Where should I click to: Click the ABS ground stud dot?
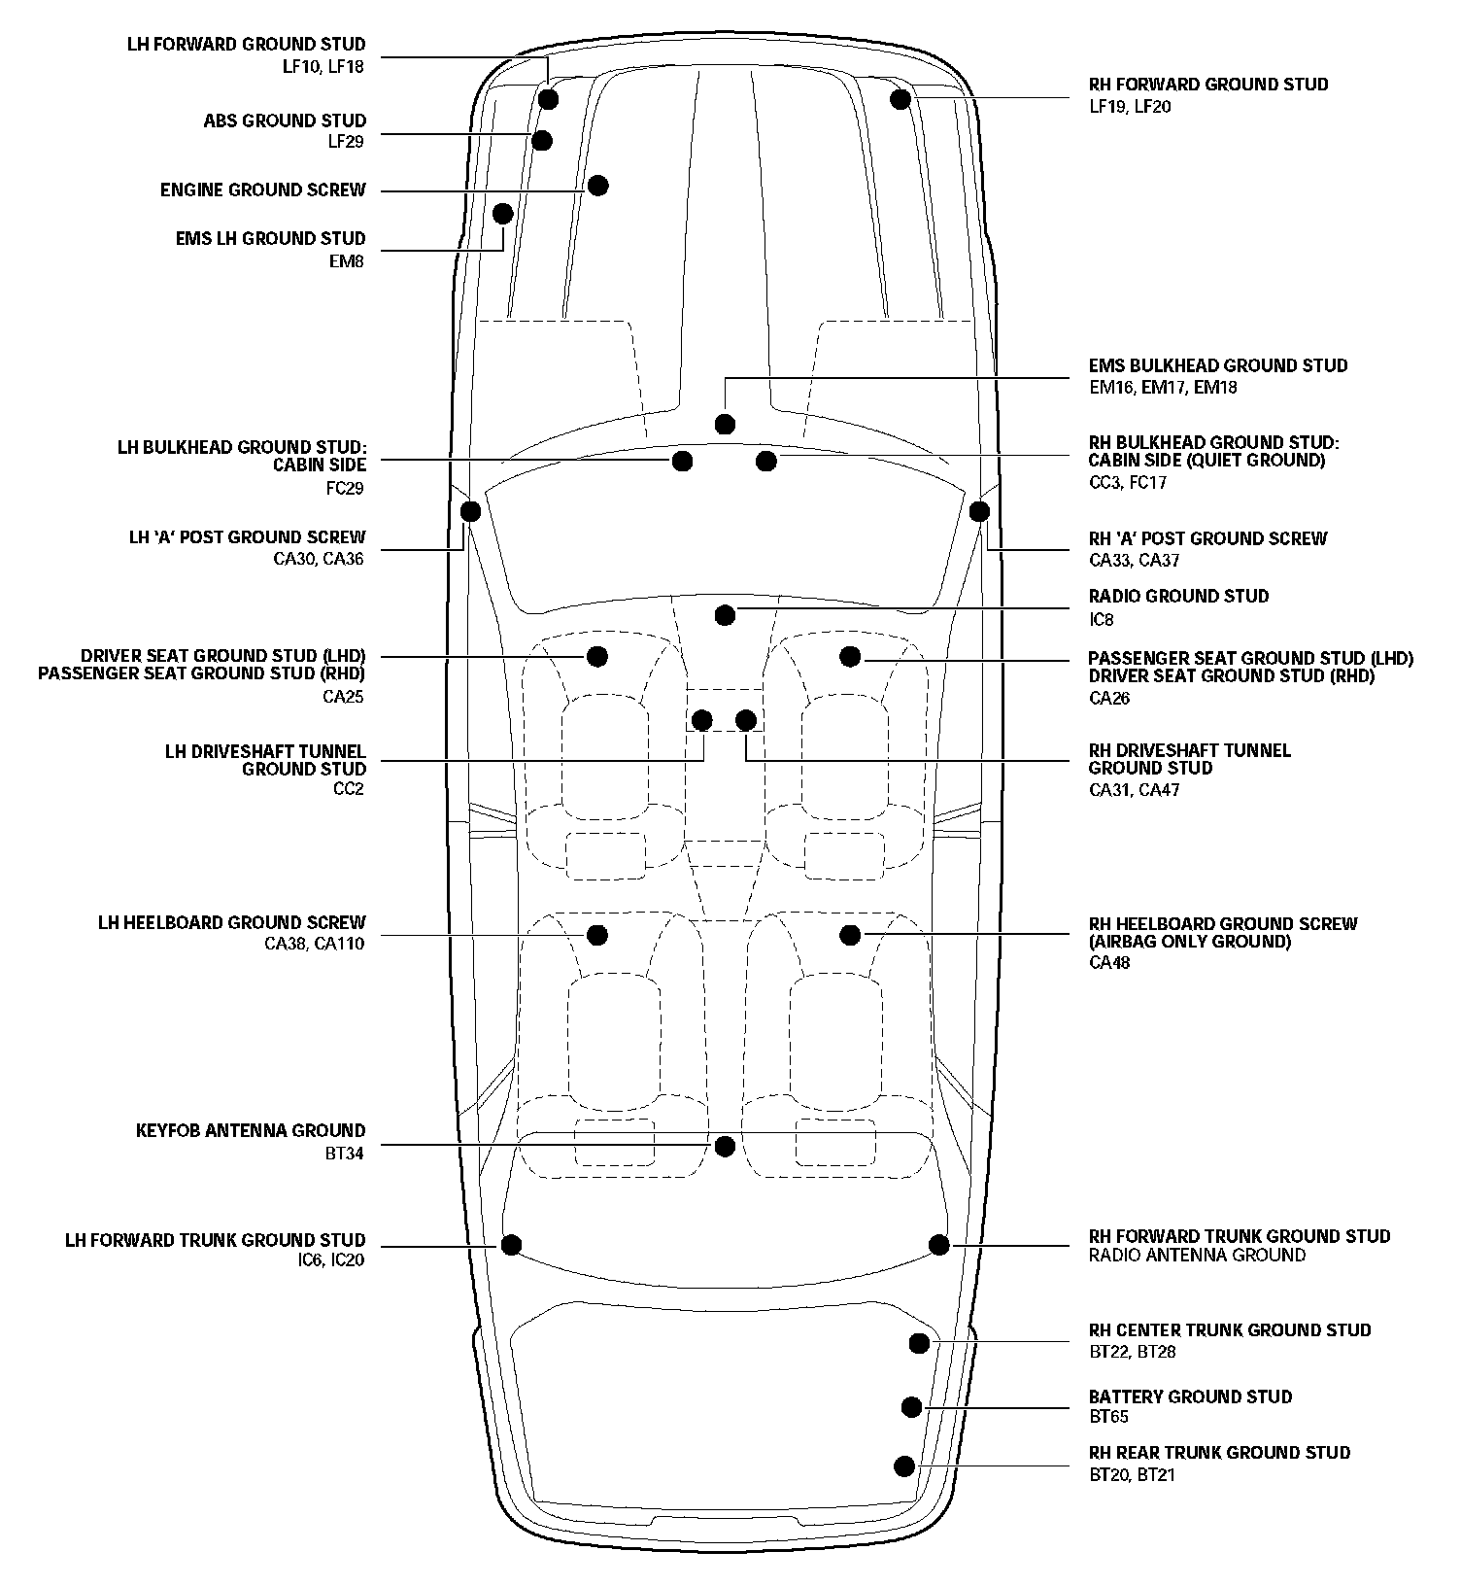(542, 141)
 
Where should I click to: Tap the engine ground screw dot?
(598, 185)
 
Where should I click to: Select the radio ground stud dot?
(725, 614)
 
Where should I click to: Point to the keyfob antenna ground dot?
(725, 1147)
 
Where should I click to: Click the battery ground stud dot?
(911, 1406)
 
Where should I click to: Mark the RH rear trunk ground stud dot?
(904, 1466)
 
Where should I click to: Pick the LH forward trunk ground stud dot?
(511, 1245)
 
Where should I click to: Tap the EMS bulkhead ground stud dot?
(725, 424)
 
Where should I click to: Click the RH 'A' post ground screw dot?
(979, 511)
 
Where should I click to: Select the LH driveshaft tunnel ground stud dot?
(701, 720)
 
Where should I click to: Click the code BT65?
(1108, 1417)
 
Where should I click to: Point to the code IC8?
(1102, 619)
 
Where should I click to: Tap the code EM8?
(347, 260)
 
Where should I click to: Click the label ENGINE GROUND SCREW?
(263, 190)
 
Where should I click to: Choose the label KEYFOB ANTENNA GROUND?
(251, 1131)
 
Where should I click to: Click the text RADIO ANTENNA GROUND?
(1197, 1256)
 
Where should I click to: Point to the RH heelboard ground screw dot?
(850, 935)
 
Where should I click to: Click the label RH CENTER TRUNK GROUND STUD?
(1230, 1329)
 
